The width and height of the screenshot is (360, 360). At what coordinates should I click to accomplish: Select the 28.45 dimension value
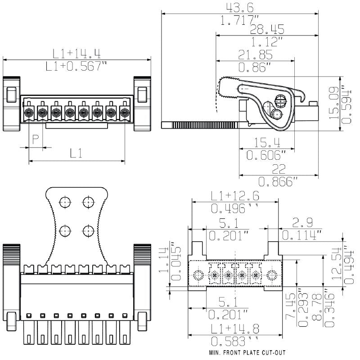coord(254,30)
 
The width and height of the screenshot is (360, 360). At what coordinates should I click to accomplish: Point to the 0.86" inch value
coord(254,67)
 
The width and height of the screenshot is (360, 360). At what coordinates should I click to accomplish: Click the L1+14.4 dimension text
coord(76,54)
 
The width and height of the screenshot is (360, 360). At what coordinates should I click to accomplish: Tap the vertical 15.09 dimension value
coord(333,103)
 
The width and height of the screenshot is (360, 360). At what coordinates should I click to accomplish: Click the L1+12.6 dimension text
coord(234,196)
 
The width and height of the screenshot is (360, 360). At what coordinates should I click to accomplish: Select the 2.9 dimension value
coord(301,222)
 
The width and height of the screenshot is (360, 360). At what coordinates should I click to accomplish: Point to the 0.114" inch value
coord(302,234)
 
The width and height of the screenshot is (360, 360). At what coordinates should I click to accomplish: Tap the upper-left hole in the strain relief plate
coord(66,202)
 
